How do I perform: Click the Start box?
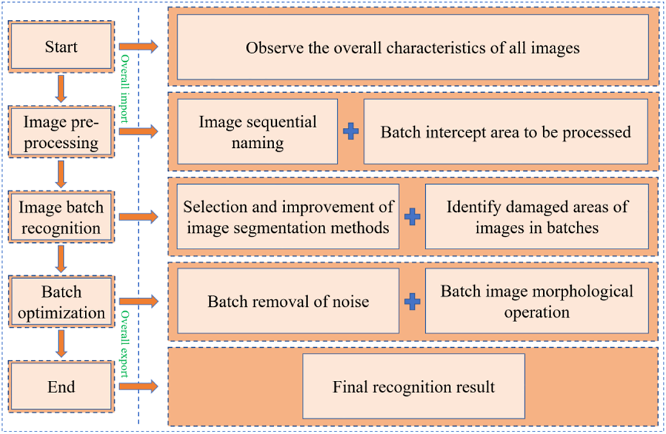click(61, 47)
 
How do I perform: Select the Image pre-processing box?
click(61, 132)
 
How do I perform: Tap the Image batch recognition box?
click(61, 218)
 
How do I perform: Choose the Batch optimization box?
click(61, 303)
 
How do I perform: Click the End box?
click(61, 387)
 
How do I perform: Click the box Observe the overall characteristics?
click(412, 48)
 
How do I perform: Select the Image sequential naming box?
click(257, 132)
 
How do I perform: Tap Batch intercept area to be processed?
click(506, 132)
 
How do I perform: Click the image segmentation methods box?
click(288, 217)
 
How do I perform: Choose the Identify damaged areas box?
click(537, 217)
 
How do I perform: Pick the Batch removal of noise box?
click(288, 302)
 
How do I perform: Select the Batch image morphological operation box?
click(537, 302)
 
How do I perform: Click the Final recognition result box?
click(413, 387)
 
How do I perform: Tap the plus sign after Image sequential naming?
click(350, 132)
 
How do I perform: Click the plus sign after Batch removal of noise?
click(412, 302)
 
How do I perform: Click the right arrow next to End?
click(138, 387)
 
